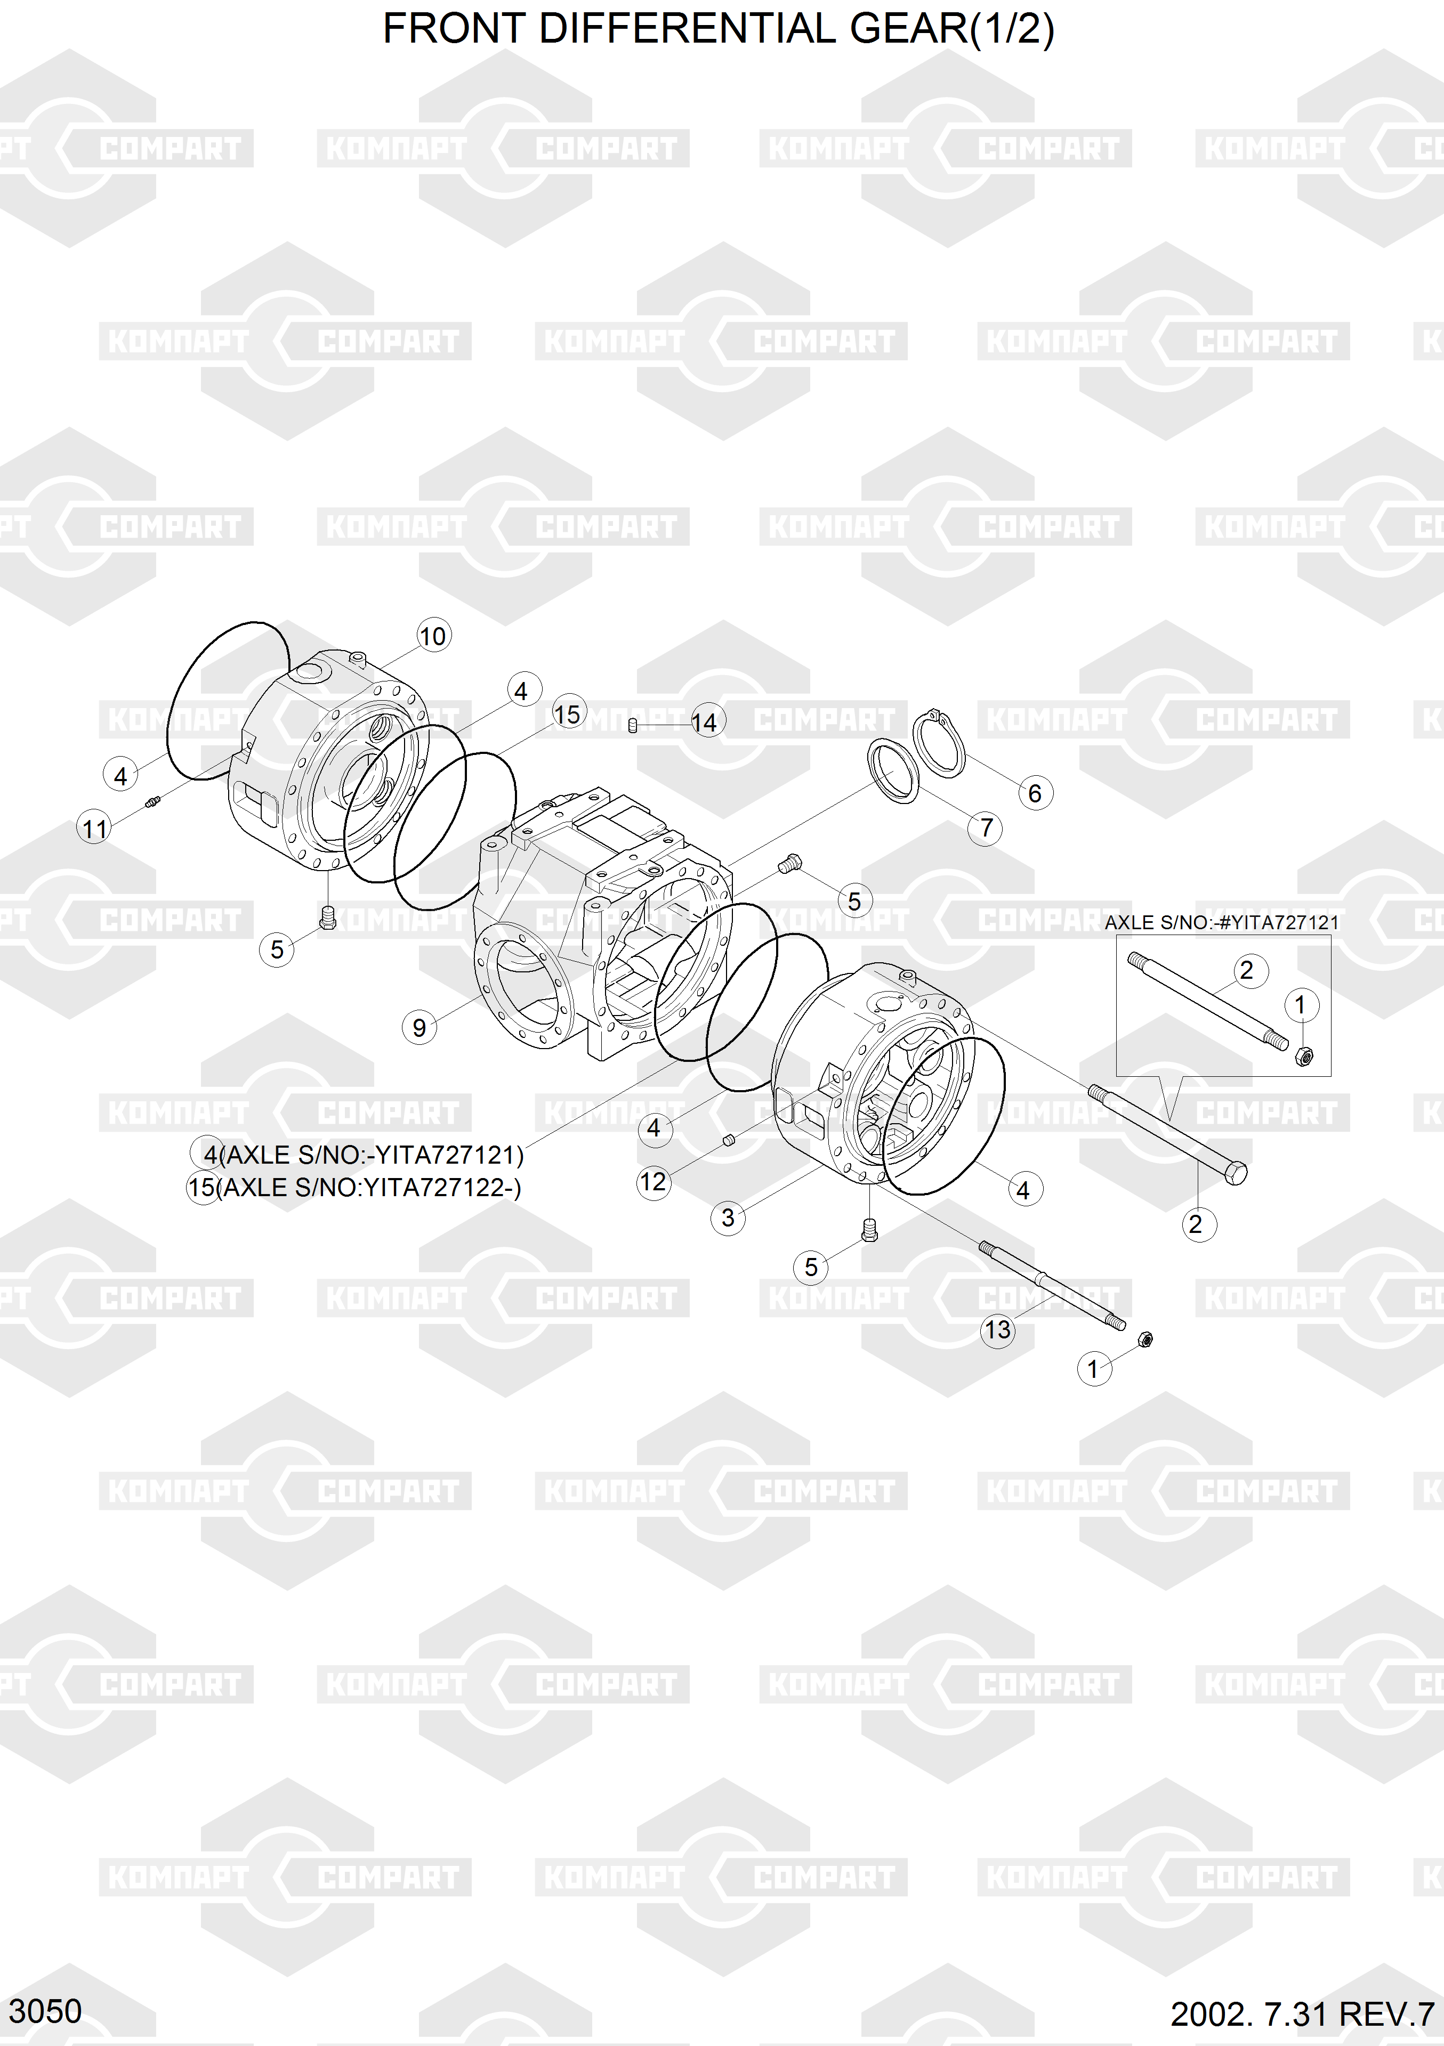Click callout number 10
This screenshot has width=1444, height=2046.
433,636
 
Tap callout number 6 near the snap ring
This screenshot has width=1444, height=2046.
1034,793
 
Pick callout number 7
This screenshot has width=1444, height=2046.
985,828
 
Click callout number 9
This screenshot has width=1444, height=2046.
419,1027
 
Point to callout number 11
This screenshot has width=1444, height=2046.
94,829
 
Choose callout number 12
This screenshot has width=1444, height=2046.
652,1182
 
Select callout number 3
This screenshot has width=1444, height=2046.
728,1217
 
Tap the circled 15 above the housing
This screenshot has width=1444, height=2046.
567,714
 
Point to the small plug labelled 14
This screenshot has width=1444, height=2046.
632,725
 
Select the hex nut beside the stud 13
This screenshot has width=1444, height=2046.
1146,1338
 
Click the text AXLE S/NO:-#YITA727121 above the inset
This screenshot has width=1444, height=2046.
1221,922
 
